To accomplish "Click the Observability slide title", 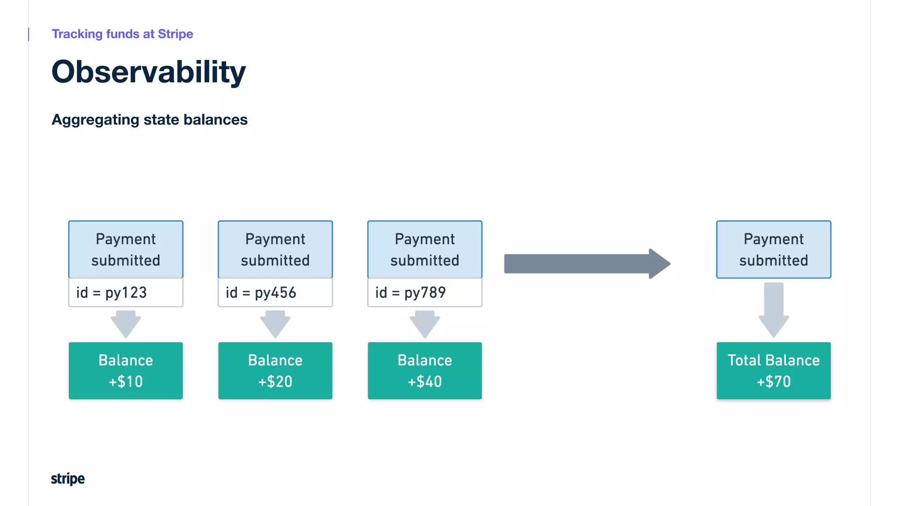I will [148, 72].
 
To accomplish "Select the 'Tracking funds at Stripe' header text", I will [122, 34].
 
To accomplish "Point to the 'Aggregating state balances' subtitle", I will [149, 119].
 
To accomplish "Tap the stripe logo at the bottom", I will [68, 478].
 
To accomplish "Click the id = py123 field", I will [126, 293].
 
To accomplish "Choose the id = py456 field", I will [275, 293].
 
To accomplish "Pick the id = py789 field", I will [424, 293].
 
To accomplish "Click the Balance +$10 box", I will [126, 371].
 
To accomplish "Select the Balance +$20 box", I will [275, 371].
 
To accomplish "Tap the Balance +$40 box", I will [424, 371].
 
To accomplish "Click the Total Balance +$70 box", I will [773, 371].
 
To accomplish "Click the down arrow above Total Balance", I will [773, 310].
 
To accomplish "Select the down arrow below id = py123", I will [126, 324].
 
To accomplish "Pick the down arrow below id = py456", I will [275, 324].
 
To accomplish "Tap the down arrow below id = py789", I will [424, 324].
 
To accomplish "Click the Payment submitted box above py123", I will [126, 249].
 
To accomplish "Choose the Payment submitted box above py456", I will [275, 249].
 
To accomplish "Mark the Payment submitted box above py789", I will [424, 249].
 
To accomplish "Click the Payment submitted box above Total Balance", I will [773, 249].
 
